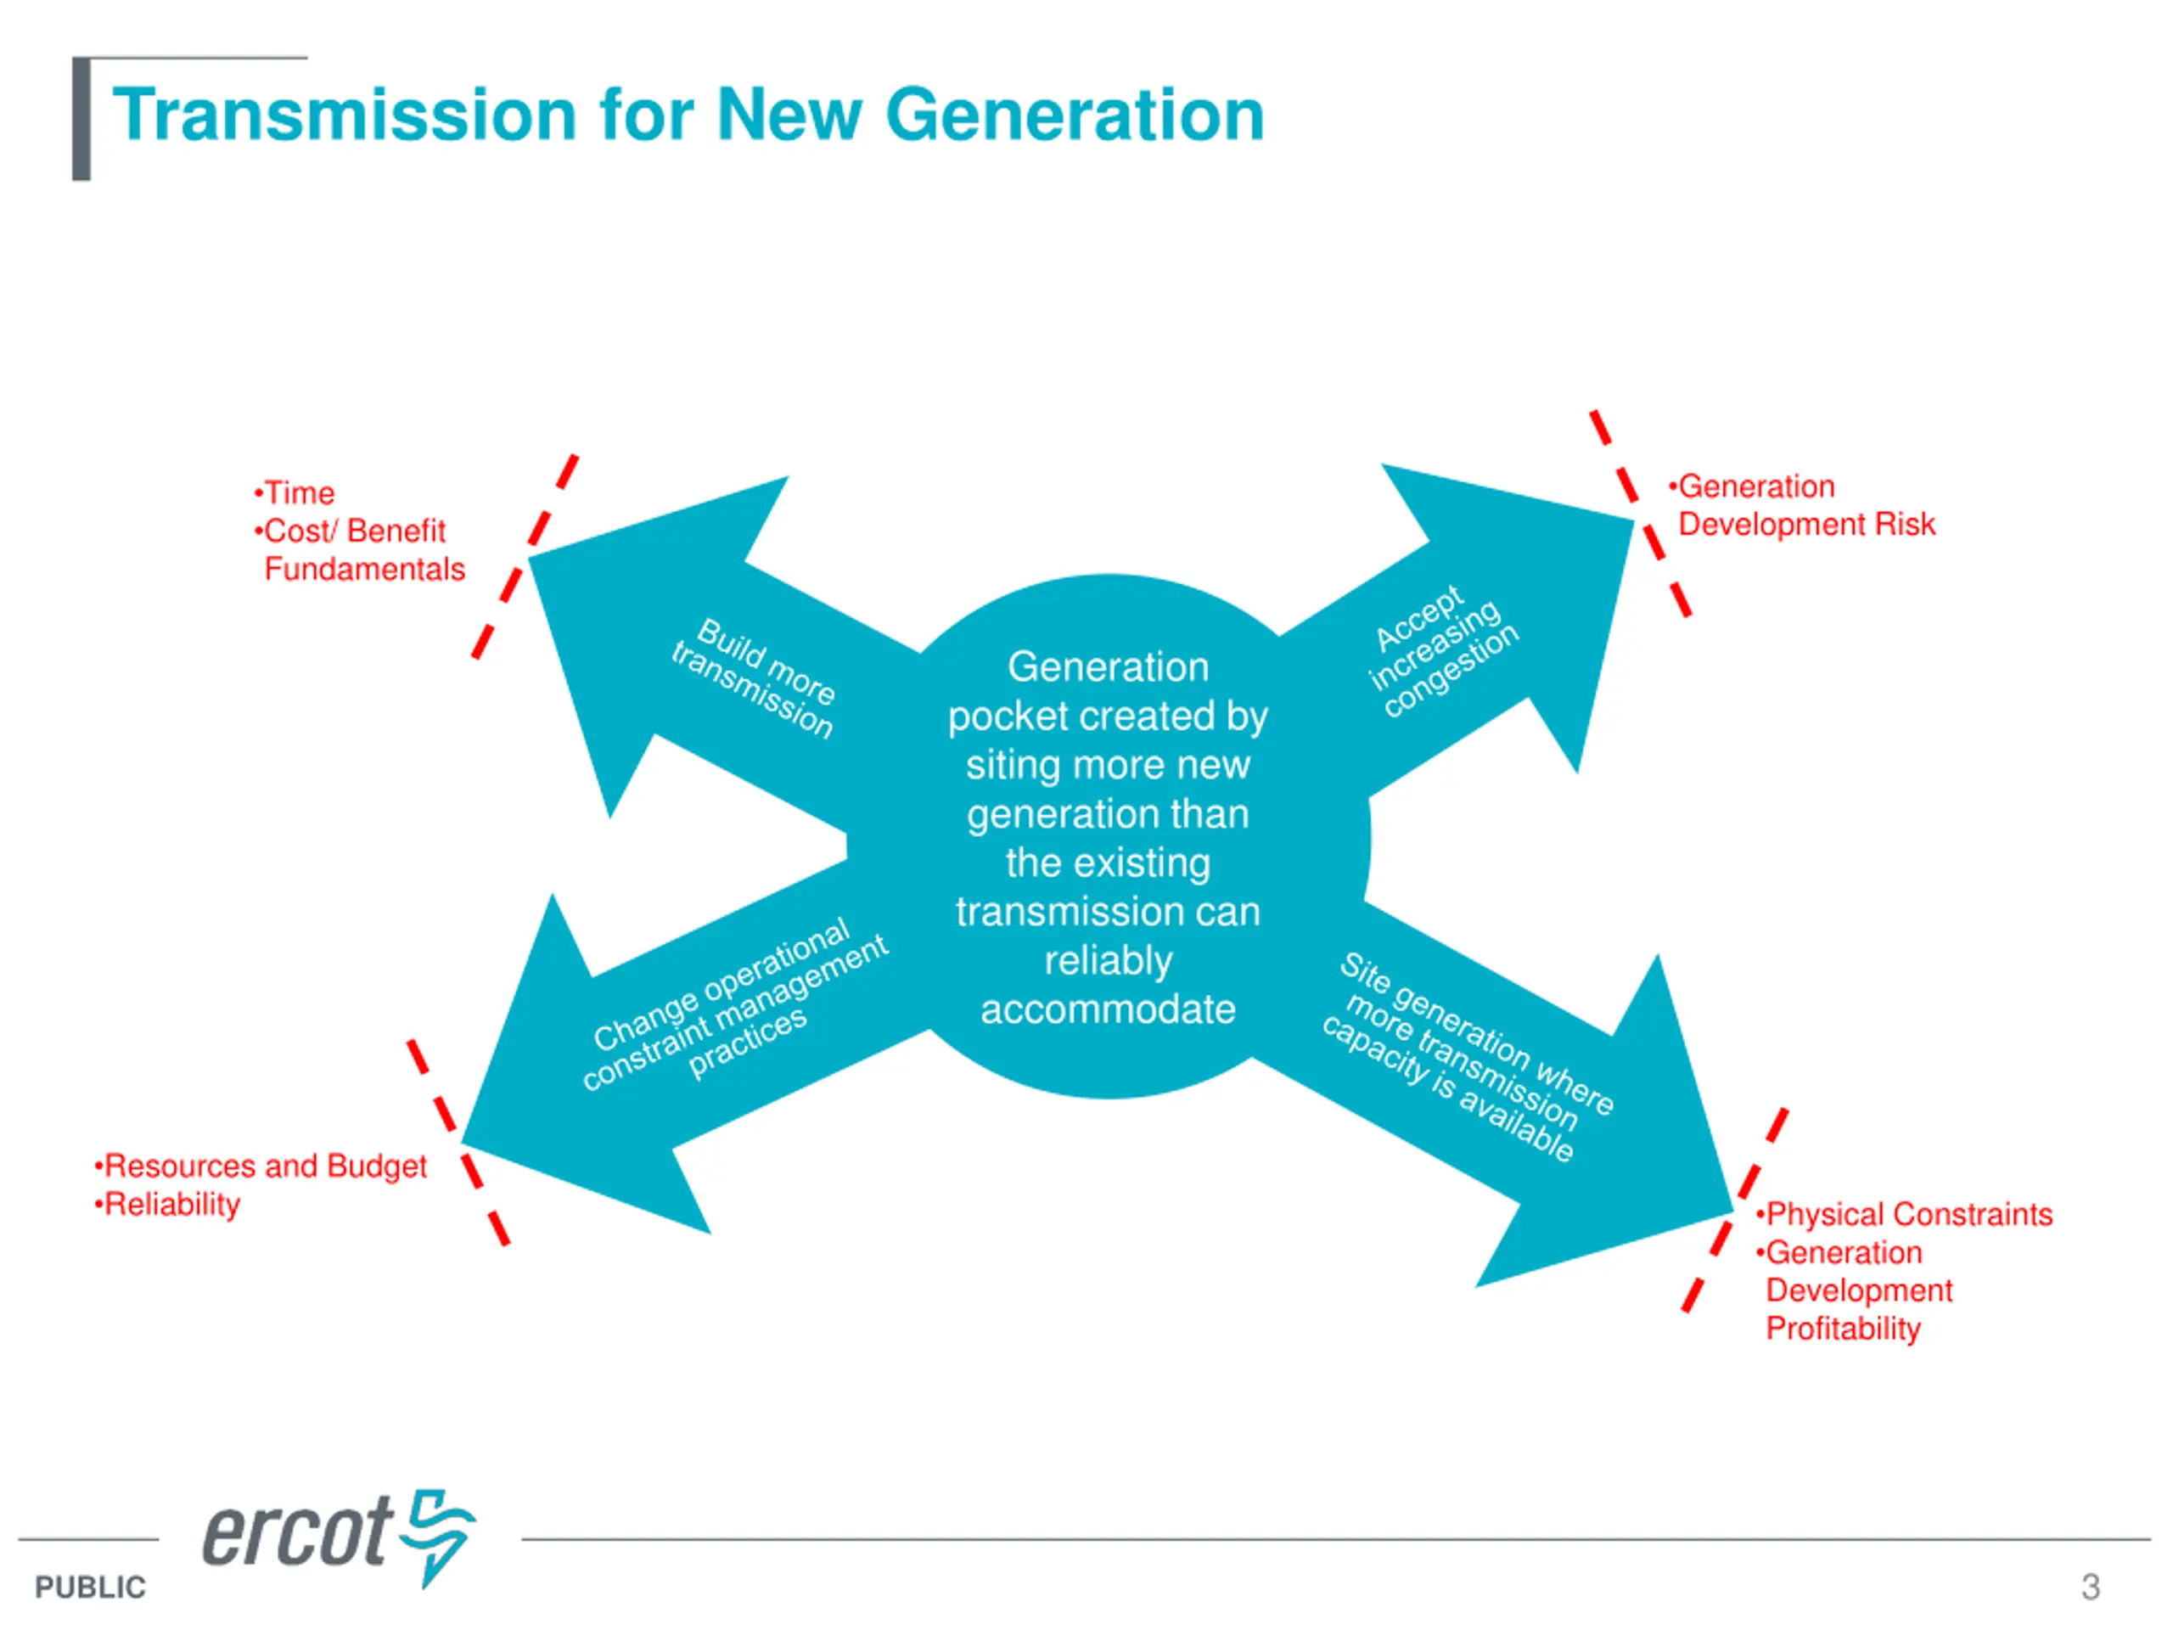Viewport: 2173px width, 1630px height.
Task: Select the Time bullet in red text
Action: point(298,492)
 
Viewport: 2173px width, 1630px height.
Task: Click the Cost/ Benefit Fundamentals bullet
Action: point(357,549)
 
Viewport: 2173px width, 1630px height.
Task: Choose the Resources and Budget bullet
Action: point(264,1166)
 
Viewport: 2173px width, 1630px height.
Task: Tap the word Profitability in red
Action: point(1842,1329)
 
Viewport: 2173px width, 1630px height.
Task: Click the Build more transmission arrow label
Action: point(754,677)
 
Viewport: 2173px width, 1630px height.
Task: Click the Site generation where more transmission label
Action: point(1468,1056)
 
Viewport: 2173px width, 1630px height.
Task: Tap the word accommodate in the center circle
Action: point(1107,1009)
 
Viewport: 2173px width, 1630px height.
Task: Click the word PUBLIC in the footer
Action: point(89,1587)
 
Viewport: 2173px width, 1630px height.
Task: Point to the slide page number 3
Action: point(2090,1586)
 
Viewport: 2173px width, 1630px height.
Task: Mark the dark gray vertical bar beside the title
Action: point(81,120)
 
